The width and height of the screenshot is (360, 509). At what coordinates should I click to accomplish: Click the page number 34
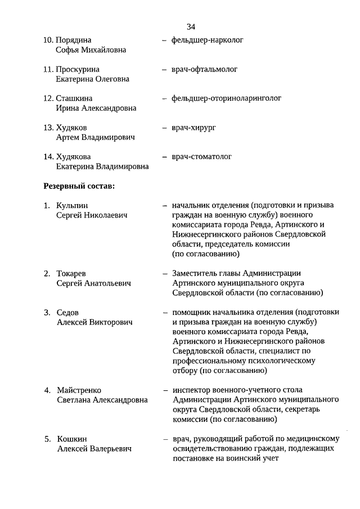(191, 27)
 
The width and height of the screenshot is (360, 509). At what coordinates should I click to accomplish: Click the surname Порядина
(73, 40)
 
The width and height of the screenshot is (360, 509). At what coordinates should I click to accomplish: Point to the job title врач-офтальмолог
(204, 70)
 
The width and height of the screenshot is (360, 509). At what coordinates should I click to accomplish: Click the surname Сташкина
(75, 98)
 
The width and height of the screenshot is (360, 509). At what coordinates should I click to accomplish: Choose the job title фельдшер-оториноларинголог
(226, 98)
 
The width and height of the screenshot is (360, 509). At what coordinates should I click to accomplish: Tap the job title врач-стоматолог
(201, 156)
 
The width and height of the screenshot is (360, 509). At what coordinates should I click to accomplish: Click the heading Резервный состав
(79, 186)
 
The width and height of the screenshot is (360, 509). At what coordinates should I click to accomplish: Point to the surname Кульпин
(73, 206)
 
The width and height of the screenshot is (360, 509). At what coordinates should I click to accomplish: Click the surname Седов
(68, 313)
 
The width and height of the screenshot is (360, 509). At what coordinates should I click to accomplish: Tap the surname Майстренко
(79, 390)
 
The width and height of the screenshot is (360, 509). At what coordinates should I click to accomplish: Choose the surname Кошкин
(72, 439)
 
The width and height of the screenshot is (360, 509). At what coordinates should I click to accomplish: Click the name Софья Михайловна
(91, 50)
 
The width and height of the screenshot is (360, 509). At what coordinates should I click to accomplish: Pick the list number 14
(48, 156)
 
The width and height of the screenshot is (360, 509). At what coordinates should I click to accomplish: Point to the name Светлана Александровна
(102, 400)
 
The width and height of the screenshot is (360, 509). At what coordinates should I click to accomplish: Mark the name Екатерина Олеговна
(92, 79)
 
